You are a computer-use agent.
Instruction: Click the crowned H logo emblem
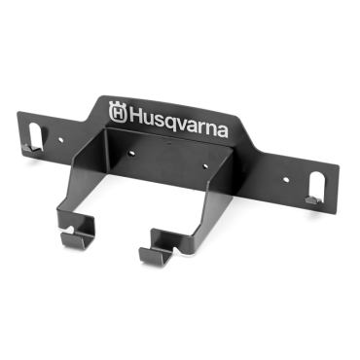pos(118,112)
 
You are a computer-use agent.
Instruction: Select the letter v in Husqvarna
pos(182,125)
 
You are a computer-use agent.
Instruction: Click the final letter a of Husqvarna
pos(222,130)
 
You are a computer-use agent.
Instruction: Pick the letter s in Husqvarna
pos(157,121)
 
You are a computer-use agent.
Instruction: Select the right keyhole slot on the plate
pos(315,186)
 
